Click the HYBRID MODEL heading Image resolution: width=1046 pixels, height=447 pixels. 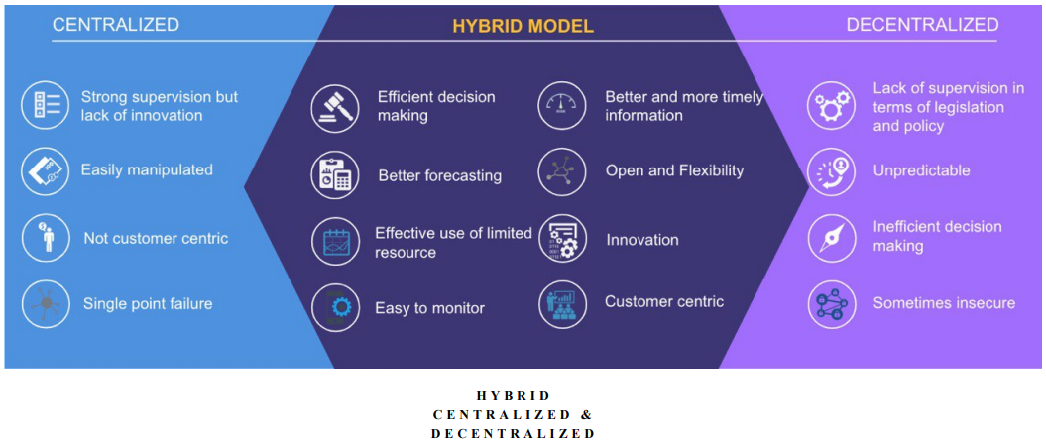(x=523, y=26)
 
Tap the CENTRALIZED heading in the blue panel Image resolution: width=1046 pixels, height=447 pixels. (x=116, y=25)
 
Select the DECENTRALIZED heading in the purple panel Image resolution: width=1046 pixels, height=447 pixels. (x=923, y=25)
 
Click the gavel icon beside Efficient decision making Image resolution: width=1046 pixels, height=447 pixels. (x=335, y=107)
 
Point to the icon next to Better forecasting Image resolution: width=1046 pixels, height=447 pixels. (x=335, y=175)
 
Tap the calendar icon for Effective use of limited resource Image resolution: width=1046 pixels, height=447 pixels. (x=335, y=242)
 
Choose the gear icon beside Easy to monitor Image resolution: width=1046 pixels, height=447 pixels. (x=335, y=307)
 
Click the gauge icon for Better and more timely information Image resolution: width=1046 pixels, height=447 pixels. (x=562, y=105)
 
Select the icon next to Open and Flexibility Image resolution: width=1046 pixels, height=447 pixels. (x=562, y=171)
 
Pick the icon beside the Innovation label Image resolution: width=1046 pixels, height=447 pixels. (x=562, y=239)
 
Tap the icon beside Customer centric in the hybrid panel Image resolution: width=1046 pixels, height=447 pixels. (x=562, y=304)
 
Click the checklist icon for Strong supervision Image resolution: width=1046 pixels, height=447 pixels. (x=46, y=105)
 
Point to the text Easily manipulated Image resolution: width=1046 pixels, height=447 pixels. (x=147, y=170)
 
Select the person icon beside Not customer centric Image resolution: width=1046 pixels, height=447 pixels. (x=46, y=238)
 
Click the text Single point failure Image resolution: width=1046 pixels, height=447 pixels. (x=148, y=304)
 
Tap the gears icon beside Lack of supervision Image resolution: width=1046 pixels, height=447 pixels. (x=831, y=105)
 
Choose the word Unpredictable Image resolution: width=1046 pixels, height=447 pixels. (x=921, y=171)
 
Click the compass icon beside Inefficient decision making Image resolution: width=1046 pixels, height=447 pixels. (x=831, y=238)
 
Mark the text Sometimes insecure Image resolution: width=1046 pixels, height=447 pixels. (x=944, y=303)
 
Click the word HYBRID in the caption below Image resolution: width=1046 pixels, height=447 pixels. (x=513, y=395)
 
